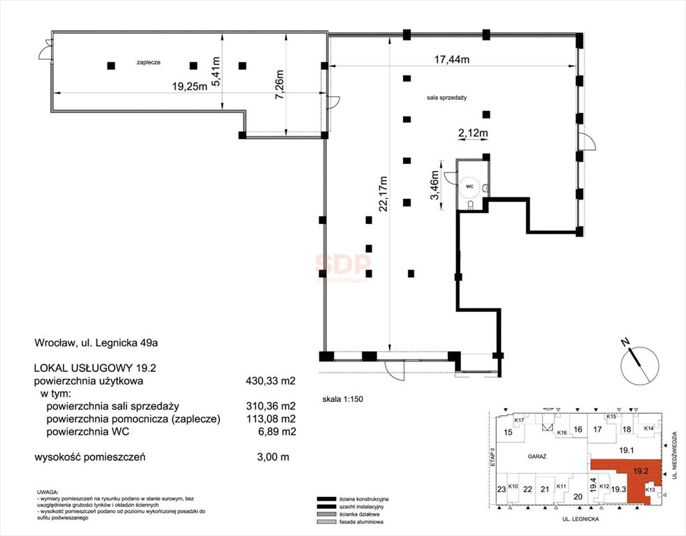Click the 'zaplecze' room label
click(x=149, y=62)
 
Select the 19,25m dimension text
click(x=190, y=87)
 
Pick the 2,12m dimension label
click(x=472, y=132)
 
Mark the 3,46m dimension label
click(x=435, y=186)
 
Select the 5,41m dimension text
click(x=216, y=70)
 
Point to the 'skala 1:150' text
click(x=342, y=400)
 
